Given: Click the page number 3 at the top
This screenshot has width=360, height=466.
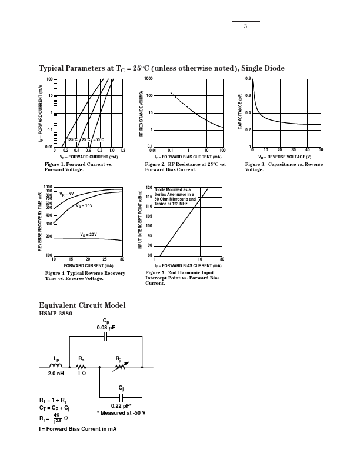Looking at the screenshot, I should click(x=245, y=26).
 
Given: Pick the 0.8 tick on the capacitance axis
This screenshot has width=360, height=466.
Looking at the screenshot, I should click(x=248, y=79).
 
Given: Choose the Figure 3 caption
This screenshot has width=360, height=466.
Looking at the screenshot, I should click(x=284, y=167).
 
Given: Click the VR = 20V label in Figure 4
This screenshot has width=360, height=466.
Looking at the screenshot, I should click(x=88, y=235).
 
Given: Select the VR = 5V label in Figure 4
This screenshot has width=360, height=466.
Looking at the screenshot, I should click(x=66, y=194).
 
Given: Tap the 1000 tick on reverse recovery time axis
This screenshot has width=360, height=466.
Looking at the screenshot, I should click(x=48, y=188).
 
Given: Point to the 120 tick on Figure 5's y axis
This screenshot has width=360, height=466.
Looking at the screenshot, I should click(x=149, y=188).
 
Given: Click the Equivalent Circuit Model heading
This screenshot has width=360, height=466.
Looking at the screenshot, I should click(x=82, y=305).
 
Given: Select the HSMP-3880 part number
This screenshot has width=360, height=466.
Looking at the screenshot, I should click(x=55, y=314).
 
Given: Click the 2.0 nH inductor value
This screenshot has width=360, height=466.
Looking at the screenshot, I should click(x=56, y=374).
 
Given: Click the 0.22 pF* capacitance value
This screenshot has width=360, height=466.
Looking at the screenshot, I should click(x=121, y=405).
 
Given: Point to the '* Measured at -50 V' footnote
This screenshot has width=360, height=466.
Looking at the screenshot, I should click(x=121, y=413).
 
